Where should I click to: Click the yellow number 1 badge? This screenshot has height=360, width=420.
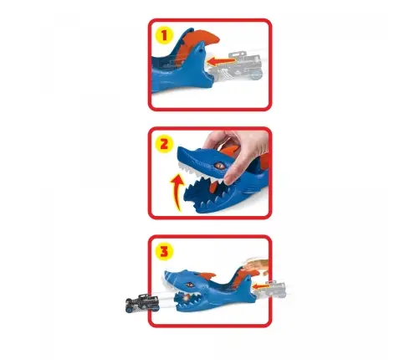164,35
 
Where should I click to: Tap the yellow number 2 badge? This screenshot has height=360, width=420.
164,144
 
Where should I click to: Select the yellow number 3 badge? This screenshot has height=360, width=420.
164,251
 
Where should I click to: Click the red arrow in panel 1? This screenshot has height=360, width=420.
221,61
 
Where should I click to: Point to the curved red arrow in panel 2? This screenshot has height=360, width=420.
177,192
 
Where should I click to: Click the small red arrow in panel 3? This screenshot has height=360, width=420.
261,286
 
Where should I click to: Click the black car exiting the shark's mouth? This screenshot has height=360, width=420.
142,302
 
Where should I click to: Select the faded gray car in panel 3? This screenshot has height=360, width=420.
272,289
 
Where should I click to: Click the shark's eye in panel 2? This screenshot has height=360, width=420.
219,165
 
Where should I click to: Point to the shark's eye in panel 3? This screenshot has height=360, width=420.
191,285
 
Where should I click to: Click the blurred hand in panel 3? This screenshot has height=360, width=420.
258,265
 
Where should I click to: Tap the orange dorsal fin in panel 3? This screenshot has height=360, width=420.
207,275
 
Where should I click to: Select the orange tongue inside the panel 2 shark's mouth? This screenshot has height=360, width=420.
213,188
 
